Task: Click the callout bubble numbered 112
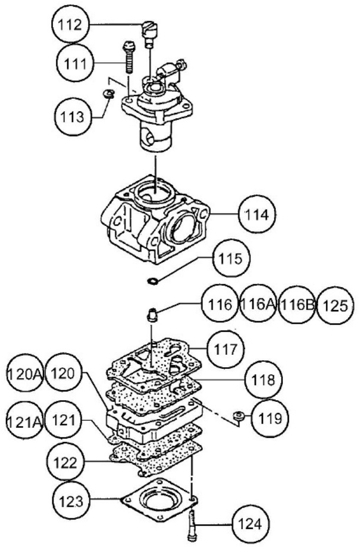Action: point(72,26)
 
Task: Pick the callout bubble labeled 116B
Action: point(296,305)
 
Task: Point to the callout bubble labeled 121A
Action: point(24,421)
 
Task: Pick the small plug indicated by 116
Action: point(154,315)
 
